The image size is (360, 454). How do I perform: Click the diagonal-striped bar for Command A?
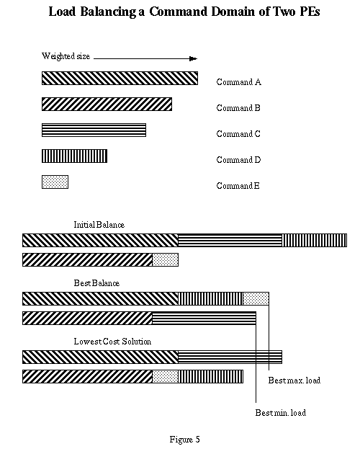[x=120, y=78]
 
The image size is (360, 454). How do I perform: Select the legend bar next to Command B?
[x=107, y=104]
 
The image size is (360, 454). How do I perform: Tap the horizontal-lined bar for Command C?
[x=94, y=130]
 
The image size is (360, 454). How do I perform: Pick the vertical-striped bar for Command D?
[x=74, y=156]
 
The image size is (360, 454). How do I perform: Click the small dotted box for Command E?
[x=55, y=182]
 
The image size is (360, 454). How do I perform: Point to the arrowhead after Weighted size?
[x=193, y=59]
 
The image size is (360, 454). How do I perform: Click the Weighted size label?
[x=66, y=56]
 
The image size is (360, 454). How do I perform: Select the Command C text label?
[x=238, y=134]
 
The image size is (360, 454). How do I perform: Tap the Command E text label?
[x=238, y=186]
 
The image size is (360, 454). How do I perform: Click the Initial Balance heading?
[x=99, y=225]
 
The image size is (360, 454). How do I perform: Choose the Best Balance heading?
[x=96, y=283]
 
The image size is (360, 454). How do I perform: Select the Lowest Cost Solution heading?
[x=112, y=342]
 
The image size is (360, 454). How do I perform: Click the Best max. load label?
[x=294, y=380]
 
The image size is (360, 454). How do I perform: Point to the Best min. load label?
[x=280, y=413]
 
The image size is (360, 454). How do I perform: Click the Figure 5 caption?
[x=184, y=440]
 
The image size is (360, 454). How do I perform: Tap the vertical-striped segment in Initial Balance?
[x=314, y=240]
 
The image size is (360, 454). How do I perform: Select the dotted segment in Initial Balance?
[x=166, y=259]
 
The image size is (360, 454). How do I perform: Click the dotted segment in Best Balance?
[x=256, y=298]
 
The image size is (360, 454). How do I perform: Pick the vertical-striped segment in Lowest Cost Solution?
[x=211, y=376]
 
